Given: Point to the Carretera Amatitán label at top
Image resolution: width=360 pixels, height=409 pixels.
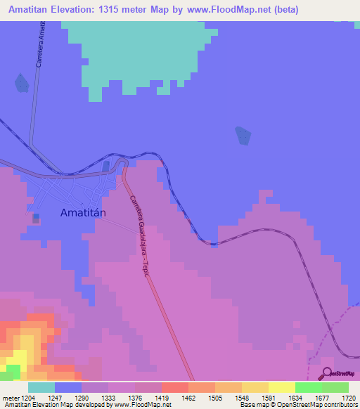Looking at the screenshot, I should pyautogui.click(x=41, y=42).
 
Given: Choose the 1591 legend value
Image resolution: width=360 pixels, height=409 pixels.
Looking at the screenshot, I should pyautogui.click(x=268, y=397).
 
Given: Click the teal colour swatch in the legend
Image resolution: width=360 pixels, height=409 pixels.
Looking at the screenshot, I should pyautogui.click(x=41, y=387).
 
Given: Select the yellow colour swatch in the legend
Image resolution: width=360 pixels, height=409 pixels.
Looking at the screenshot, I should pyautogui.click(x=281, y=387).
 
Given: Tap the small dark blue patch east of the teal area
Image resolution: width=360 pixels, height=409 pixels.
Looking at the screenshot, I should pyautogui.click(x=243, y=135).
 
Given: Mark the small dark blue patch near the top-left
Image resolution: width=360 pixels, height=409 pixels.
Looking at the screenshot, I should pyautogui.click(x=21, y=83).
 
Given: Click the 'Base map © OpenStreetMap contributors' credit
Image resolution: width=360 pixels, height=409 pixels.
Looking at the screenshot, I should pyautogui.click(x=299, y=405).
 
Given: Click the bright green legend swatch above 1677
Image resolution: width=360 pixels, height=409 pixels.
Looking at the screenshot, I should pyautogui.click(x=308, y=387).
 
